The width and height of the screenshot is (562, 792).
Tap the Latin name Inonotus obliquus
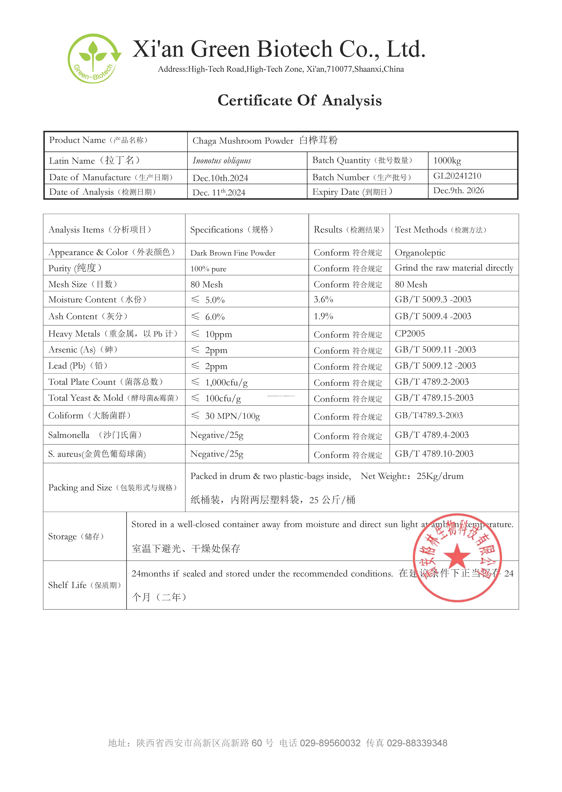coord(222,161)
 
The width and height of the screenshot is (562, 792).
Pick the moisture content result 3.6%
coord(323,299)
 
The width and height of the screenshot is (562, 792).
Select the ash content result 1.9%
coord(323,316)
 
